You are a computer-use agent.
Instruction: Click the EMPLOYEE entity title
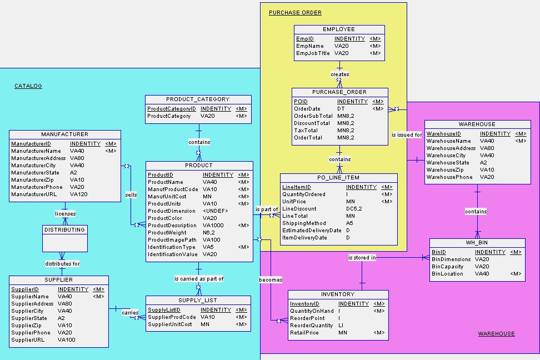[x=339, y=29]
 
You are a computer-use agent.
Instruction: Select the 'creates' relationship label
[x=340, y=74]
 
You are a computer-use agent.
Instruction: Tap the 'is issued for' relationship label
[x=407, y=134]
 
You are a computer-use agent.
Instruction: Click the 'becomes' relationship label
[x=271, y=279]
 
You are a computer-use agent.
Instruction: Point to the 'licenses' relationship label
[x=65, y=213]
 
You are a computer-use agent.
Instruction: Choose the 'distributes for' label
[x=62, y=263]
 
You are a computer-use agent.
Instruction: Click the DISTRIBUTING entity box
[x=65, y=238]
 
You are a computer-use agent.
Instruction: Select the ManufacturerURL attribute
[x=33, y=194]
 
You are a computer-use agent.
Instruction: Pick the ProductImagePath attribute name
[x=172, y=240]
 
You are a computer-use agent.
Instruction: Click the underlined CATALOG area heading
[x=28, y=86]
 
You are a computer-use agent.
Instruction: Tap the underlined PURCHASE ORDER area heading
[x=295, y=12]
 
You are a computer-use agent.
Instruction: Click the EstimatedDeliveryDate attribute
[x=312, y=231]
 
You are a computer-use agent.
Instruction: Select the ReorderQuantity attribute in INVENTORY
[x=312, y=326]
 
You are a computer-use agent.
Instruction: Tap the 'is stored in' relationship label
[x=362, y=258]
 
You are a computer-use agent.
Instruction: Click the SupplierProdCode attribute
[x=172, y=317]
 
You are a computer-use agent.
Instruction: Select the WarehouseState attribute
[x=448, y=163]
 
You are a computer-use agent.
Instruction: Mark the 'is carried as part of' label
[x=199, y=278]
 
